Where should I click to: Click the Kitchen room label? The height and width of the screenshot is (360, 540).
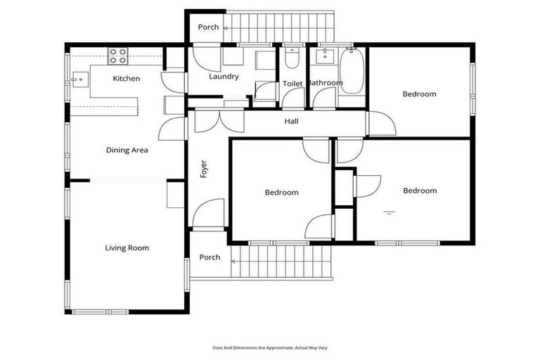click(127, 79)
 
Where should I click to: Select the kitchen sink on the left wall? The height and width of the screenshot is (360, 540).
click(79, 80)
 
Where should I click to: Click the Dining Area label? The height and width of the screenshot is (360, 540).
click(127, 150)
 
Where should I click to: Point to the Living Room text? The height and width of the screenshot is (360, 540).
click(127, 247)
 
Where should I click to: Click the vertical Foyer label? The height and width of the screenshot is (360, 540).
click(204, 169)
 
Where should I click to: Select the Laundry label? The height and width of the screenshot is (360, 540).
click(224, 77)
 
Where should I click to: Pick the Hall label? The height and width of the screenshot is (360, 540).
click(291, 122)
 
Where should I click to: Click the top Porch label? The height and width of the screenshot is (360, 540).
click(208, 27)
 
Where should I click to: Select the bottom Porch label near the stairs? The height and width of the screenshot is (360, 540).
click(209, 257)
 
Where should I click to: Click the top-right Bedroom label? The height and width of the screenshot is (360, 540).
click(419, 94)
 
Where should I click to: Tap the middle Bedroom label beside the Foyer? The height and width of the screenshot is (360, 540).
click(281, 192)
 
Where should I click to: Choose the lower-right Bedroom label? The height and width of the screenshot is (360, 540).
click(420, 191)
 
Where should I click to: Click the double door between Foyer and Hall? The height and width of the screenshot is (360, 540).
click(219, 121)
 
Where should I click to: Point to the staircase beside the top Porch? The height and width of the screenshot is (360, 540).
click(282, 27)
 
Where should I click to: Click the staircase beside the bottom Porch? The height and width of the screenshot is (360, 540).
click(281, 261)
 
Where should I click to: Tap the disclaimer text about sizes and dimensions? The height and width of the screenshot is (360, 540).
click(270, 347)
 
